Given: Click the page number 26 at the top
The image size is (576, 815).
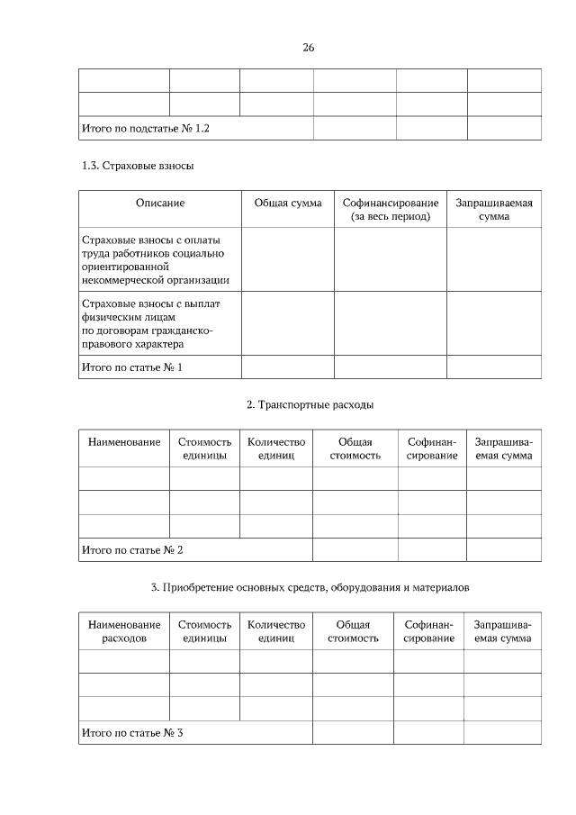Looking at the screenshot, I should click(308, 47).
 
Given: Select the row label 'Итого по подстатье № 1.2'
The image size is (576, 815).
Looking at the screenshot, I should click(145, 129).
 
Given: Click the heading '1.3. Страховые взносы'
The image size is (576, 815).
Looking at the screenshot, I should click(137, 166).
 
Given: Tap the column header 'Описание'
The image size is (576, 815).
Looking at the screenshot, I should click(160, 204).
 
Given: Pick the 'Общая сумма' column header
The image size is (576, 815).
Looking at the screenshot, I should click(288, 204).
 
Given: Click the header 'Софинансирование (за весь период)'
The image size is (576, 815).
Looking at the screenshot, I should click(391, 210).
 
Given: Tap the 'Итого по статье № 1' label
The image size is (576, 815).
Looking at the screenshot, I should click(131, 367).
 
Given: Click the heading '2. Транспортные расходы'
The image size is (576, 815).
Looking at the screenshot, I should click(310, 405).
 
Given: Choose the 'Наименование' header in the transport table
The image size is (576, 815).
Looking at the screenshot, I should click(124, 442).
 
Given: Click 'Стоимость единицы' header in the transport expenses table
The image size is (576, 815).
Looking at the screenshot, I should click(204, 448).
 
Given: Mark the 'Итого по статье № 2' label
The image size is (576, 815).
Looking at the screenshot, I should click(131, 549).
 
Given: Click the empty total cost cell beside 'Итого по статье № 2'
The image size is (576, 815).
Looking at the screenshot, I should click(355, 549).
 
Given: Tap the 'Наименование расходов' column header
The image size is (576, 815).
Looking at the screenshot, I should click(124, 630).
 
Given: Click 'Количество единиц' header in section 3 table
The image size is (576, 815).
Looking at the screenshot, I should click(275, 630).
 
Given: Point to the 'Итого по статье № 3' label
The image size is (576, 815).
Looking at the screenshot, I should click(131, 733).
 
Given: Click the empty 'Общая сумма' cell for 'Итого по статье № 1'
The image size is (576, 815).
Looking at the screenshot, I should click(288, 367).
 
